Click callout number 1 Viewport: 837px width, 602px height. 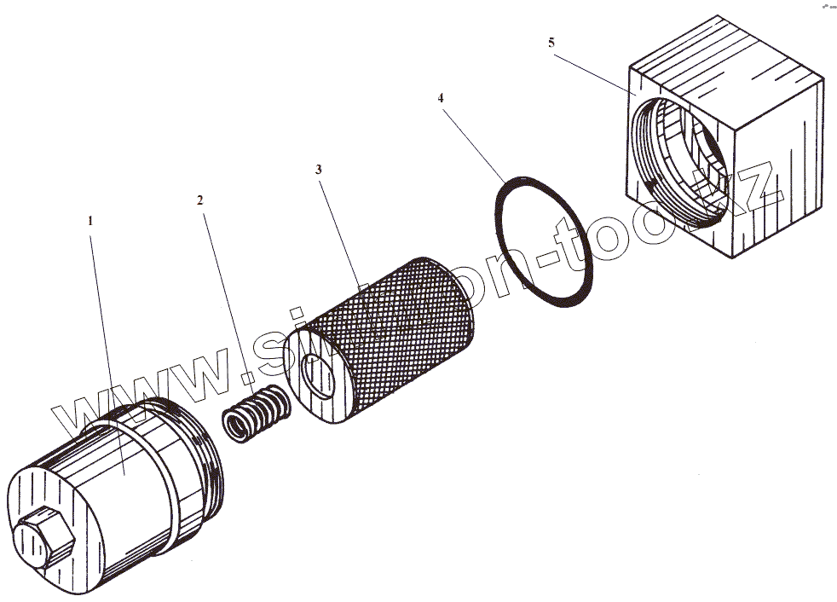pos(90,220)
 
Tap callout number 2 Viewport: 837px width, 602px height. pos(200,200)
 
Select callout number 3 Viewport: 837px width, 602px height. pos(318,170)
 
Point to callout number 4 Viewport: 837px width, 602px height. pos(441,98)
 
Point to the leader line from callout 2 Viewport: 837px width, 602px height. pos(223,290)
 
